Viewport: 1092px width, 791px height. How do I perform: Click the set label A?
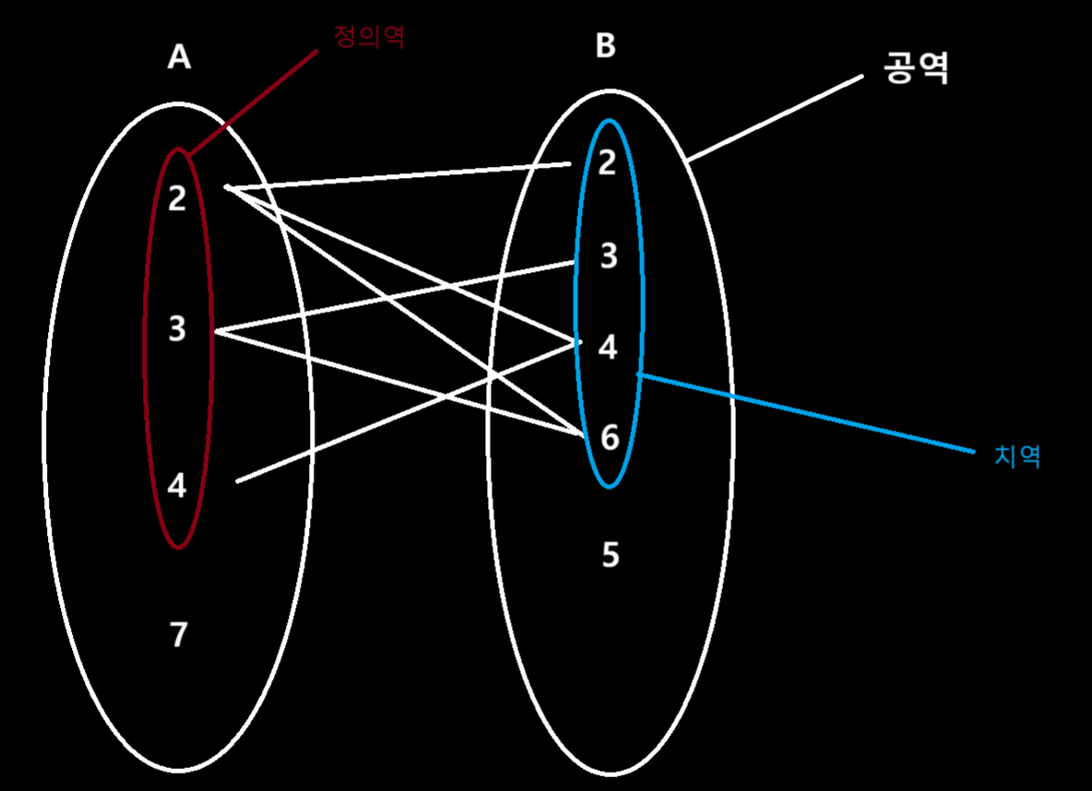pyautogui.click(x=179, y=57)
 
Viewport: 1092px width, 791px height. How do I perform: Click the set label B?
pyautogui.click(x=605, y=46)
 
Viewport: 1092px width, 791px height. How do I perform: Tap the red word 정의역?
pyautogui.click(x=368, y=37)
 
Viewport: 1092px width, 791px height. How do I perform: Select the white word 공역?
pyautogui.click(x=916, y=68)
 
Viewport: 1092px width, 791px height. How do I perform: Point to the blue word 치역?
pyautogui.click(x=1017, y=456)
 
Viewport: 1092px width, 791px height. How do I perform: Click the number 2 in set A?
pyautogui.click(x=178, y=198)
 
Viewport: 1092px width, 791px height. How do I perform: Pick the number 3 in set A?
pyautogui.click(x=178, y=328)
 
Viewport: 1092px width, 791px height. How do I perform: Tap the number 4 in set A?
pyautogui.click(x=178, y=485)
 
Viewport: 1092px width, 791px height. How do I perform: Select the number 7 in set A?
pyautogui.click(x=179, y=634)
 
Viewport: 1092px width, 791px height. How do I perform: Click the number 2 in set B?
pyautogui.click(x=607, y=163)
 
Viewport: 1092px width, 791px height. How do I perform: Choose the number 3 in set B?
pyautogui.click(x=609, y=256)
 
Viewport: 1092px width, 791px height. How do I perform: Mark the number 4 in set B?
pyautogui.click(x=608, y=348)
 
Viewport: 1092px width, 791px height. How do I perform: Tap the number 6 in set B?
pyautogui.click(x=610, y=438)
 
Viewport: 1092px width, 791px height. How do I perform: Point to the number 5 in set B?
pyautogui.click(x=610, y=555)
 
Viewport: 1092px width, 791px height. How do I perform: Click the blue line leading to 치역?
pyautogui.click(x=802, y=413)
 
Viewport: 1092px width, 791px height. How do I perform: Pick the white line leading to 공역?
pyautogui.click(x=775, y=119)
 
